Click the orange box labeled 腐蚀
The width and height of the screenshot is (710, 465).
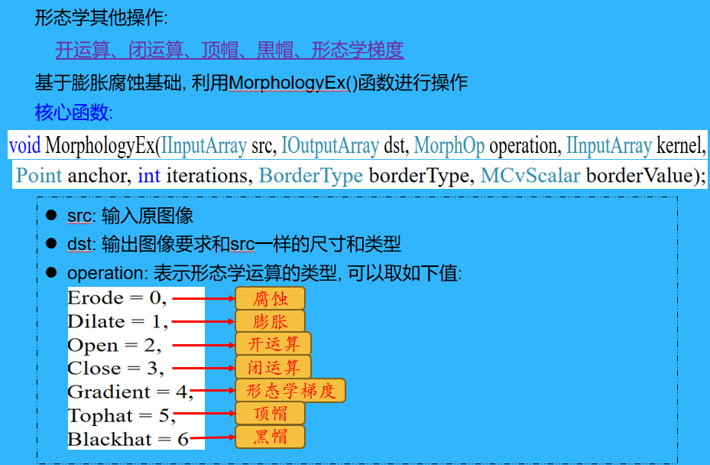(270, 298)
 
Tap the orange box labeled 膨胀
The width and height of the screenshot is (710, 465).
(270, 321)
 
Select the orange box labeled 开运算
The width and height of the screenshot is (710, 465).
(273, 344)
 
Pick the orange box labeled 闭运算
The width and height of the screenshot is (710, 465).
(273, 367)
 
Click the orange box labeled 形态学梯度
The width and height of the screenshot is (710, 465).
(290, 391)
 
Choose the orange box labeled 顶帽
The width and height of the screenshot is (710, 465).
(270, 414)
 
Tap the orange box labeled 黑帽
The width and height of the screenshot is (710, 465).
(270, 437)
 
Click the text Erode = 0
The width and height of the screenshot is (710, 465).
(117, 298)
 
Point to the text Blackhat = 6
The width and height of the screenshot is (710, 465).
(128, 439)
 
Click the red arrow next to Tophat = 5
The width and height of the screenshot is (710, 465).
(205, 415)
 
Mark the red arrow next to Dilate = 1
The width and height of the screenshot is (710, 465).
(202, 322)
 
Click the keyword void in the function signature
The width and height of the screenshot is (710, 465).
(25, 145)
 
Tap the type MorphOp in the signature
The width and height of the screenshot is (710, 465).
(448, 145)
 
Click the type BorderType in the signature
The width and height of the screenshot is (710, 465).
(311, 175)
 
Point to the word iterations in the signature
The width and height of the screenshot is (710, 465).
(209, 175)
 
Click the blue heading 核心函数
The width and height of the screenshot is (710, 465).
(73, 113)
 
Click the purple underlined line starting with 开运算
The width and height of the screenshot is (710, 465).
(229, 50)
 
